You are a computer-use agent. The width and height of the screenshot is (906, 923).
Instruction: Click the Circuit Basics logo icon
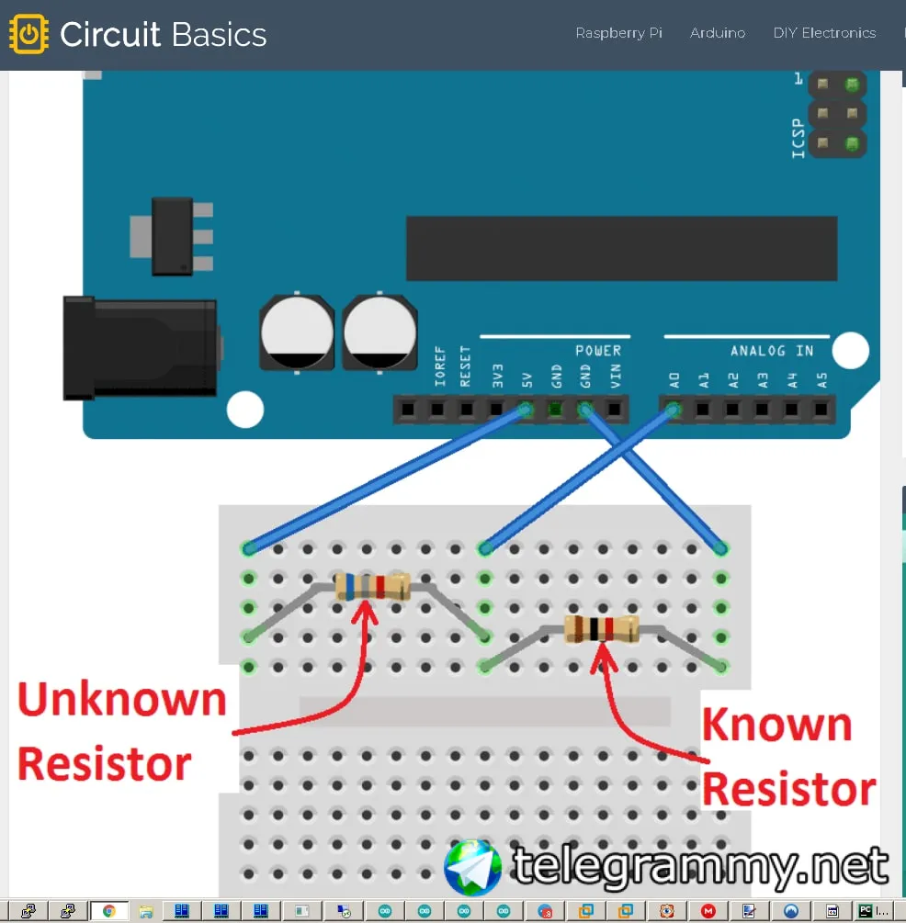coord(28,34)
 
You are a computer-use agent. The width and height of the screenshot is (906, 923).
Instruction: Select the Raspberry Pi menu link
coord(618,33)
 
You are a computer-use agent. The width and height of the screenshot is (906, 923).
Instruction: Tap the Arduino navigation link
coord(718,33)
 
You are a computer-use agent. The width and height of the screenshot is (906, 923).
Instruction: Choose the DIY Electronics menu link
coord(824,33)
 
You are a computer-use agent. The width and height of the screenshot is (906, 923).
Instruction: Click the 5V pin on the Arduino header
coord(526,409)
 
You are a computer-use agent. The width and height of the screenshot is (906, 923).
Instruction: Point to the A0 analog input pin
coord(674,409)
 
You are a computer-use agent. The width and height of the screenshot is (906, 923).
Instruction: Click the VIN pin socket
coord(615,409)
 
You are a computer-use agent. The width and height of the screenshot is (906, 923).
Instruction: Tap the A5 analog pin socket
coord(821,409)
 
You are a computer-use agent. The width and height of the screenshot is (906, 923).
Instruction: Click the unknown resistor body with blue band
coord(371,586)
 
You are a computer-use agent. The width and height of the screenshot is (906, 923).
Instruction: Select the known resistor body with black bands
coord(601,629)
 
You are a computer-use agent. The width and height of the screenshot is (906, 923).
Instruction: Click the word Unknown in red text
coord(121,701)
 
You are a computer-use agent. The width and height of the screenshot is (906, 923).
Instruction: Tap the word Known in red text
coord(776,726)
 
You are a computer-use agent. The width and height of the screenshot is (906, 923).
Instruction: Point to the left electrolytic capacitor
coord(297,332)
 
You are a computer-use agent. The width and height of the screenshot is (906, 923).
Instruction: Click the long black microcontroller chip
coord(621,248)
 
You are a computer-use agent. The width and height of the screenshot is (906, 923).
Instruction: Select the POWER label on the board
coord(598,351)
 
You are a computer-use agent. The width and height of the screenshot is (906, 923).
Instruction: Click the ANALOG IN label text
coord(772,351)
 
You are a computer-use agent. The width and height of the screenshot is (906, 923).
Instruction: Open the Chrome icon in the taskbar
coord(108,912)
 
